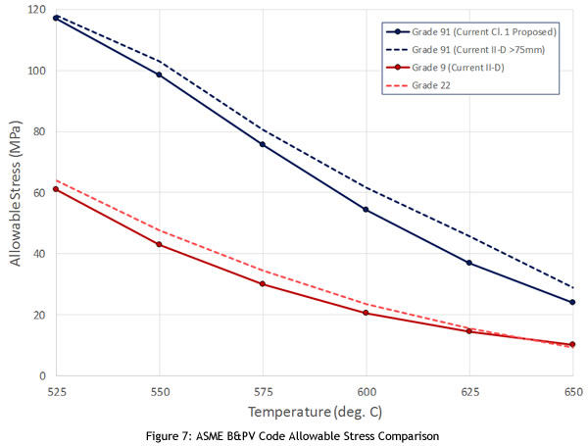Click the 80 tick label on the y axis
[40, 131]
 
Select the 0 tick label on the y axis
[43, 375]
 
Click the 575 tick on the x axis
[263, 389]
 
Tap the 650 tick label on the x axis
[572, 389]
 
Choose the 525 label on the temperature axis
[56, 389]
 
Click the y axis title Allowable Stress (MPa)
[16, 192]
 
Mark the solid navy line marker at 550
[159, 74]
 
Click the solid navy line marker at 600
[366, 210]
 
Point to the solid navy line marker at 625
[469, 263]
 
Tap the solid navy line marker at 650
[572, 302]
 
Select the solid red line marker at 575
[263, 284]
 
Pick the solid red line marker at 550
[159, 244]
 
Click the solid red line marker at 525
[56, 189]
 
